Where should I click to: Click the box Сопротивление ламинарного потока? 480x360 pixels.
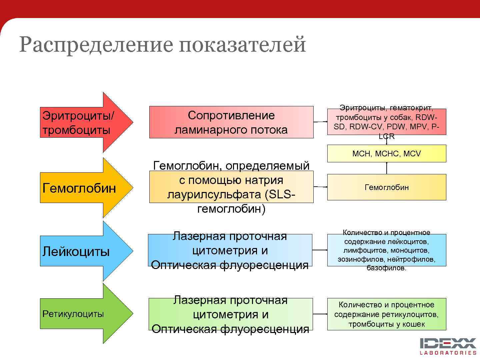click(231, 122)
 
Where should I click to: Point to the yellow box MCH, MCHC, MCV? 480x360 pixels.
click(386, 154)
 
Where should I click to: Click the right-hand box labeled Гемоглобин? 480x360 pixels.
click(386, 187)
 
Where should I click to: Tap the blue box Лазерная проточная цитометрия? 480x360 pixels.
click(230, 250)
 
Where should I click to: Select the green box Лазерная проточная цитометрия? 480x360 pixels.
click(230, 314)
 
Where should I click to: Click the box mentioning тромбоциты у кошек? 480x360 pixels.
click(386, 314)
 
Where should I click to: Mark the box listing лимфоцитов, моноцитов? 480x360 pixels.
click(386, 250)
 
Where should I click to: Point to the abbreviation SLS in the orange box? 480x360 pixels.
click(280, 195)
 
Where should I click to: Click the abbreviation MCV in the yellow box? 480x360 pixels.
click(412, 154)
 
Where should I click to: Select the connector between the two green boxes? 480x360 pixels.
click(320, 314)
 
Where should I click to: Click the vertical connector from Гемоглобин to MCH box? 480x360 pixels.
click(387, 168)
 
